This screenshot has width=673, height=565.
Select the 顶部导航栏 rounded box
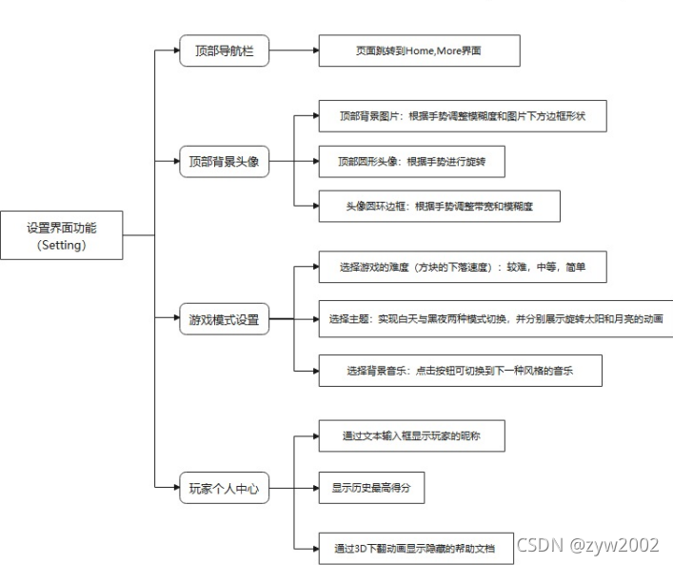click(x=225, y=50)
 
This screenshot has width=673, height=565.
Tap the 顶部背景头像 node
click(x=225, y=161)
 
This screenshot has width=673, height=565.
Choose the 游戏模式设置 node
click(x=225, y=320)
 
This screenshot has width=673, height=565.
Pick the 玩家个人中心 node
click(x=225, y=491)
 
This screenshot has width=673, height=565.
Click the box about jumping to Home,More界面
click(x=418, y=50)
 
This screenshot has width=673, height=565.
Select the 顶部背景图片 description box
click(x=460, y=116)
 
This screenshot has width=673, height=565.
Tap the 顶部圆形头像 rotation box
click(x=411, y=161)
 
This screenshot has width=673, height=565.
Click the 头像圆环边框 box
click(x=439, y=206)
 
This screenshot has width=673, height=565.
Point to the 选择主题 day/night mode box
click(x=496, y=318)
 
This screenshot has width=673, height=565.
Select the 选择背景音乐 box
click(x=460, y=371)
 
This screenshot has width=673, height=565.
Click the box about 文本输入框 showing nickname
click(x=410, y=436)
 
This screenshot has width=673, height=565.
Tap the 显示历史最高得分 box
click(x=370, y=488)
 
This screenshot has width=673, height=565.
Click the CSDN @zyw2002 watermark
click(x=587, y=545)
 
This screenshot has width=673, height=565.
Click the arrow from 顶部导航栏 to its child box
click(x=293, y=50)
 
